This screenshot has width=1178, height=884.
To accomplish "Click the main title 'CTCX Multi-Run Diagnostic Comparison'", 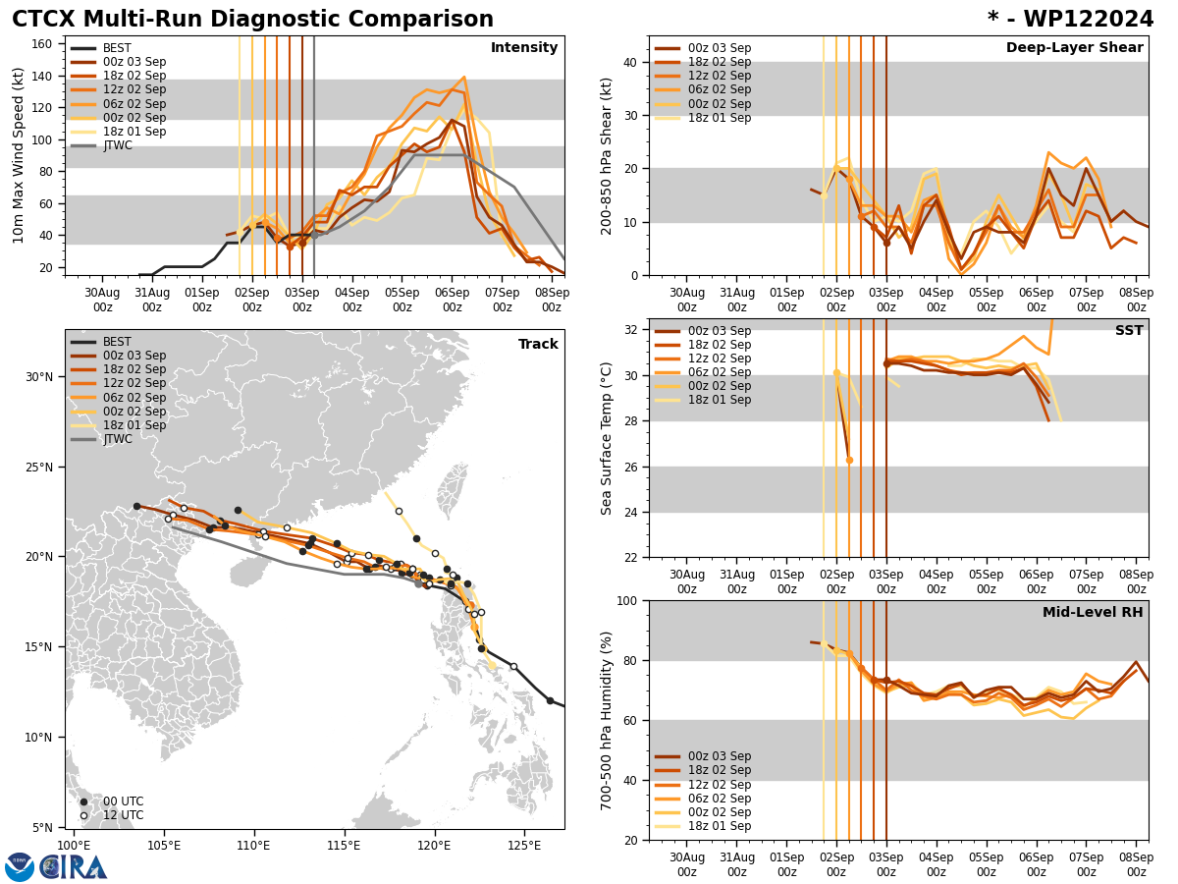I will pyautogui.click(x=252, y=20).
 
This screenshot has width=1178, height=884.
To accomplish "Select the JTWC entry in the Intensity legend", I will pyautogui.click(x=117, y=145).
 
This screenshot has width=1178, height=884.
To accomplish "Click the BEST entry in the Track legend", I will pyautogui.click(x=117, y=342).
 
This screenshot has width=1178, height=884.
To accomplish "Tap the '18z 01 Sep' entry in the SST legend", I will pyautogui.click(x=720, y=400).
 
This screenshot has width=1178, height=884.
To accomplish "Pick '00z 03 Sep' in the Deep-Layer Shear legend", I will pyautogui.click(x=720, y=48).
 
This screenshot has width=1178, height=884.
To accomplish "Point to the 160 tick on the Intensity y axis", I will pyautogui.click(x=44, y=43).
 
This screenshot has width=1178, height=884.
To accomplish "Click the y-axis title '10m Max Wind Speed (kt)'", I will pyautogui.click(x=19, y=155).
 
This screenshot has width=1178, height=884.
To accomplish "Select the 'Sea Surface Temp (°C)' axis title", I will pyautogui.click(x=608, y=438).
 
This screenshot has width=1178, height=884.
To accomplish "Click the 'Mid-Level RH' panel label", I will pyautogui.click(x=1093, y=612).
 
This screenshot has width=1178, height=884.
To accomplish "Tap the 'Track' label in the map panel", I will pyautogui.click(x=538, y=344).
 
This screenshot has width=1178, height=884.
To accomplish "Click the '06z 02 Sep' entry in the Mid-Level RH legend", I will pyautogui.click(x=720, y=799).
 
